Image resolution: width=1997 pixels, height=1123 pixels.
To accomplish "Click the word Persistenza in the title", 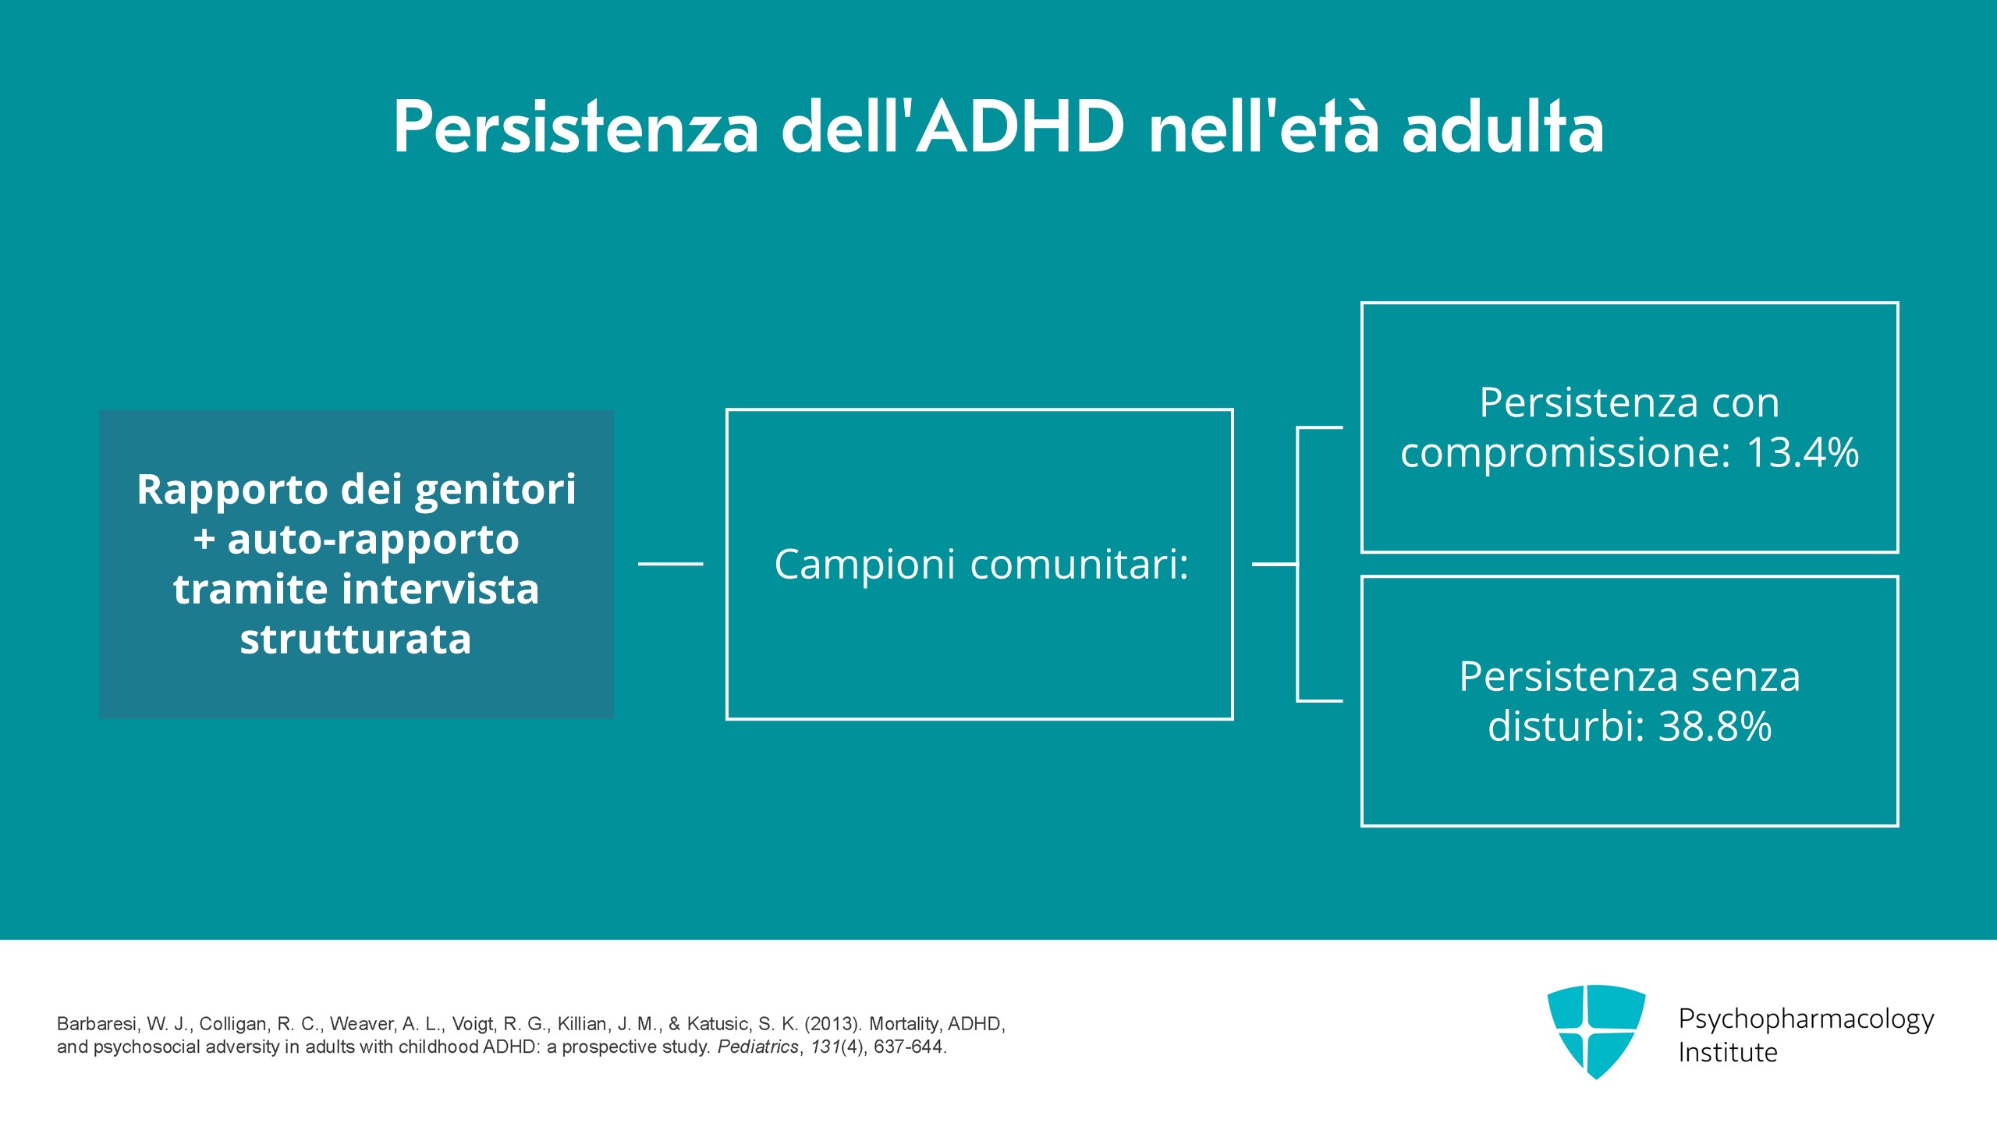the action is tap(576, 126).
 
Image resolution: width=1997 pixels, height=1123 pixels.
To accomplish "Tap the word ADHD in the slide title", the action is tap(1020, 126).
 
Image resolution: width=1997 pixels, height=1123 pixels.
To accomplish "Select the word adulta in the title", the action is tap(1502, 126).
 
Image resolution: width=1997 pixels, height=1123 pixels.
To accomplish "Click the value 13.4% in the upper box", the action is tap(1803, 452).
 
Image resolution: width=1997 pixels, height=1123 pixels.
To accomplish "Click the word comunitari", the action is tap(1080, 564).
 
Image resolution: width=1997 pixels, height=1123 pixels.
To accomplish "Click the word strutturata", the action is tap(356, 639).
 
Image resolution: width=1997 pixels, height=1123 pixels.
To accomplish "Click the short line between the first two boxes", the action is tap(671, 564).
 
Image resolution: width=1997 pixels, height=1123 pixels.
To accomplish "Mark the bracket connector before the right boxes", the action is tap(1297, 564).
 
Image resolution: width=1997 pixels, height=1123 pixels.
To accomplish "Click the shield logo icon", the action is tap(1596, 1031).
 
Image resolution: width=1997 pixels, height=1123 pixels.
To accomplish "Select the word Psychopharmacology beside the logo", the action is tap(1806, 1019).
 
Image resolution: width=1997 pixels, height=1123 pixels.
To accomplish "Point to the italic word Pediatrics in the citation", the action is tap(758, 1047).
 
